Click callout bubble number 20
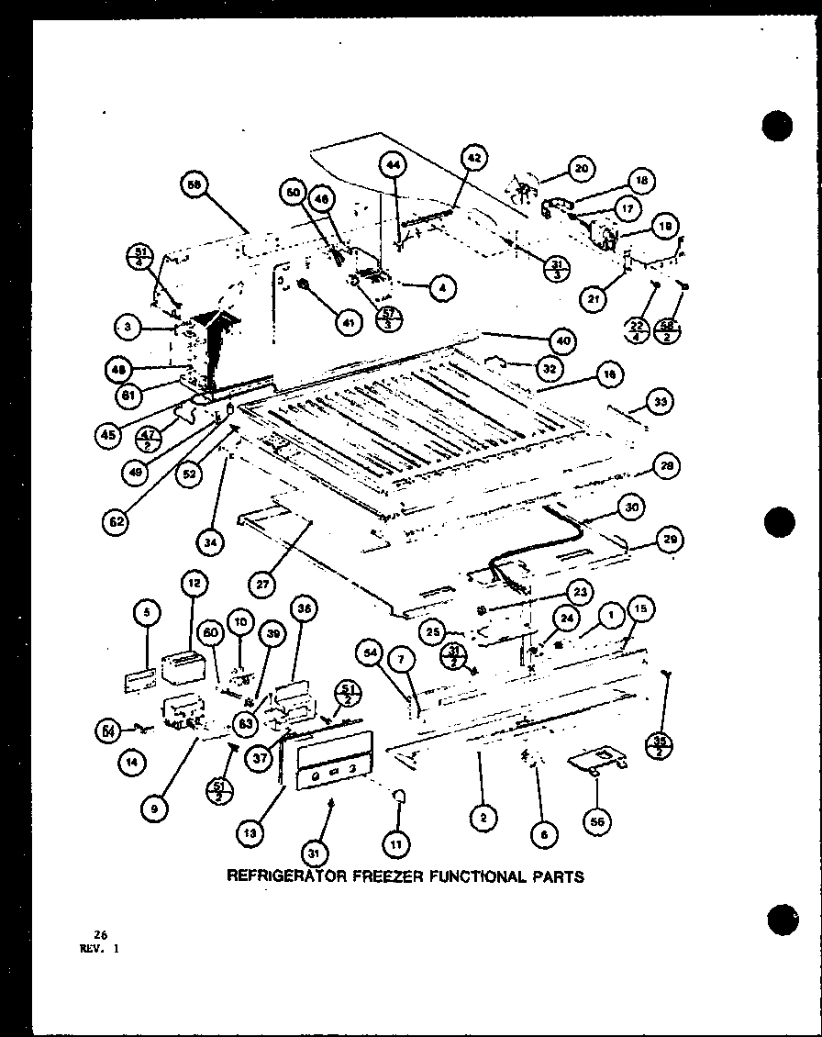pos(580,169)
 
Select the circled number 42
pos(472,158)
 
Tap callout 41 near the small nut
pos(346,322)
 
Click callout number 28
pos(667,467)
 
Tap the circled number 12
pos(194,583)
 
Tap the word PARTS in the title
pos(553,876)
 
